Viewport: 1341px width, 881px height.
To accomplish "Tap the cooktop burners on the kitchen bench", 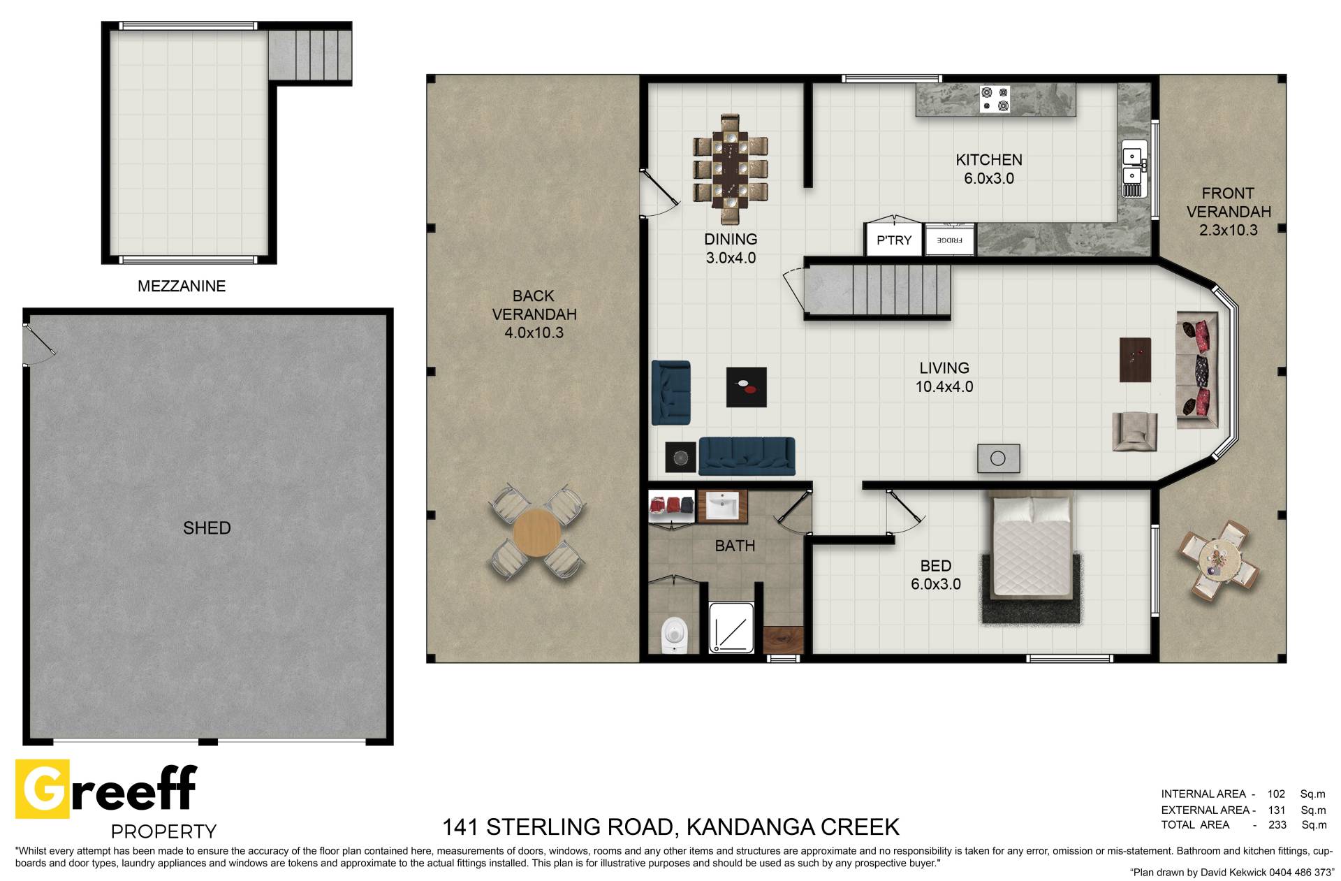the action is click(995, 99).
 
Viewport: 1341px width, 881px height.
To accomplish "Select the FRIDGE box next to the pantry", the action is click(949, 240).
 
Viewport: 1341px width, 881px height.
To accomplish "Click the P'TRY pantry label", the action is click(894, 240).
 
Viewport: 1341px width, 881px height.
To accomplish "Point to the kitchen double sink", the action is click(1132, 168).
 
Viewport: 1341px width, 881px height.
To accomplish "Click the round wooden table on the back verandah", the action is click(536, 532).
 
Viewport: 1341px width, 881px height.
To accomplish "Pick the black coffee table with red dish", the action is click(746, 387).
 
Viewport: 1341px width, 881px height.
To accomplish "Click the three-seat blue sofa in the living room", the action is click(747, 456).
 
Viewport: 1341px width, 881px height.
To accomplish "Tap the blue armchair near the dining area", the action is click(671, 393).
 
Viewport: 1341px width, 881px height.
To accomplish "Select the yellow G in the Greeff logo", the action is click(43, 789).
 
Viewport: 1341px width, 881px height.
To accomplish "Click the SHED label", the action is click(207, 528).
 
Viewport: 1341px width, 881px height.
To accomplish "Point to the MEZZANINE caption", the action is click(182, 286).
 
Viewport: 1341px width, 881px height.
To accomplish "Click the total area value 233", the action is click(1277, 825).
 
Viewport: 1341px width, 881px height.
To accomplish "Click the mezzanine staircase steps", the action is click(309, 55).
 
